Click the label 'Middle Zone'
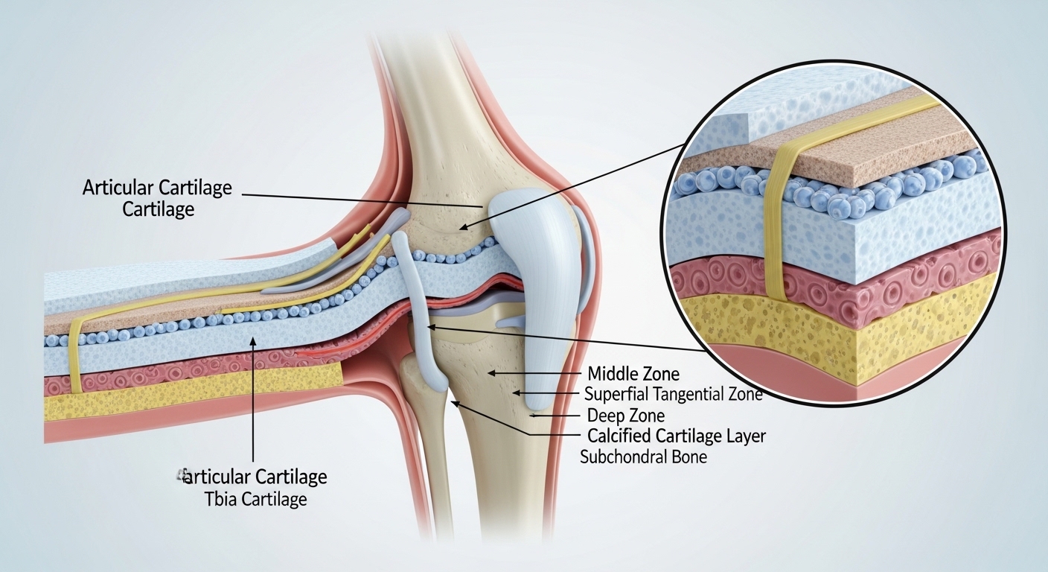633,373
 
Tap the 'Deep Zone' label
626,415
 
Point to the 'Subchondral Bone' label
643,457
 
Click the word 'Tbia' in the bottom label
221,499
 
